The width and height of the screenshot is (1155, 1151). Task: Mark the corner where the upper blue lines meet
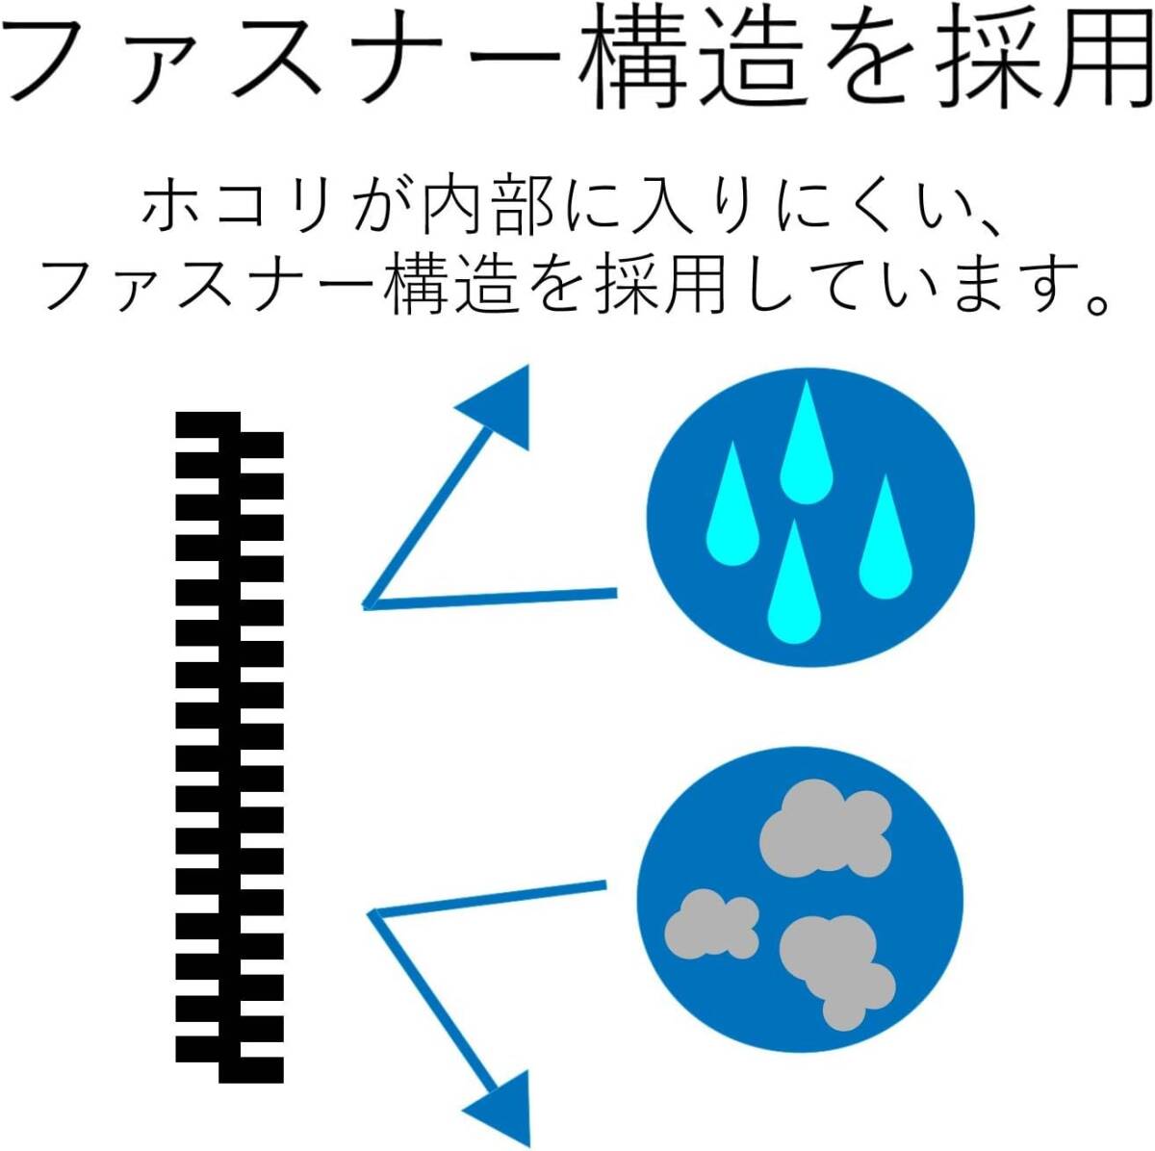[x=367, y=605]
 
